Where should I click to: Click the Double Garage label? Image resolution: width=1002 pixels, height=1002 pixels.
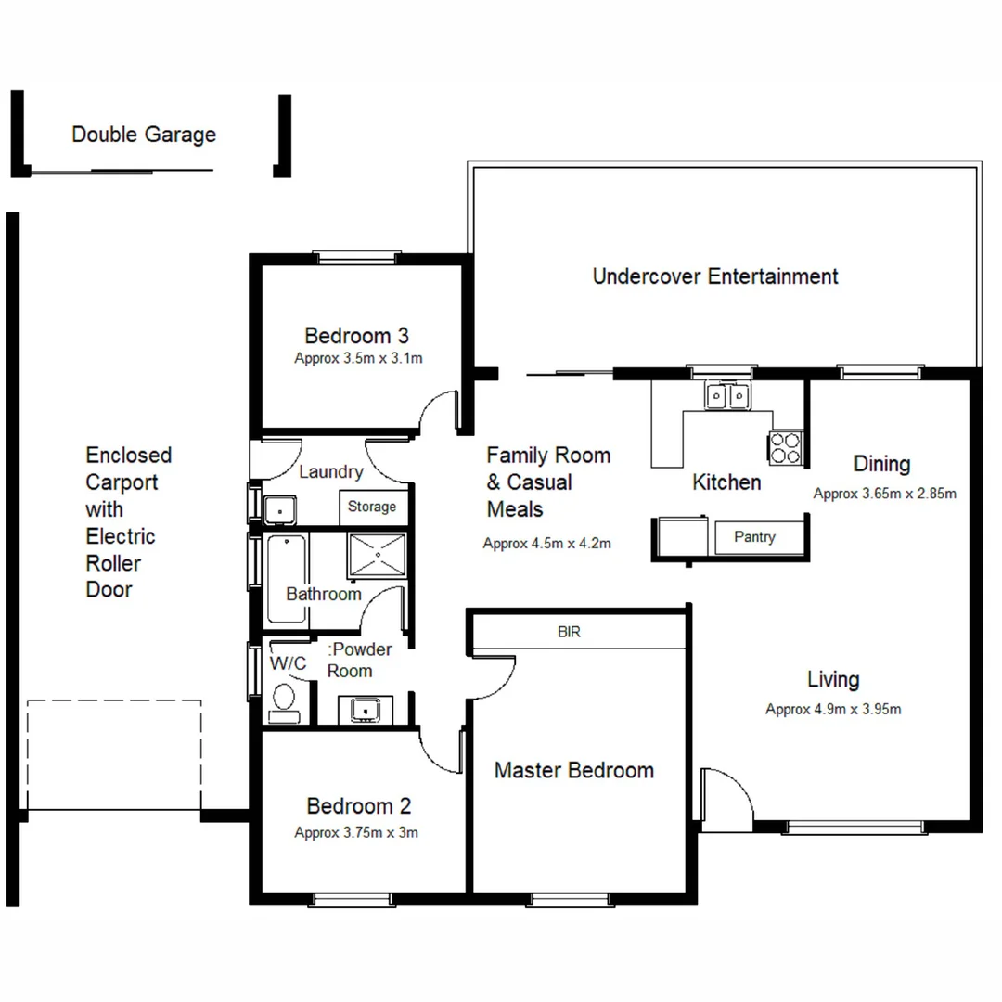tap(144, 135)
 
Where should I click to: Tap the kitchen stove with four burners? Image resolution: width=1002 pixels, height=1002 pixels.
tap(785, 448)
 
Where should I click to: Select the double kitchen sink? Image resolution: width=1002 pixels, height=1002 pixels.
tap(727, 397)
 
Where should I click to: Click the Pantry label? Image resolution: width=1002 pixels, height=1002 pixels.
tap(754, 537)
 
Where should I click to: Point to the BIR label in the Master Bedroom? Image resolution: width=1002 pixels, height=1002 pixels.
tap(569, 633)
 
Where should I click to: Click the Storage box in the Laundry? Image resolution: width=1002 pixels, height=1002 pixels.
tap(372, 507)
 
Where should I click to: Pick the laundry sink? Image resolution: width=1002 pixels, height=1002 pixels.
tap(278, 509)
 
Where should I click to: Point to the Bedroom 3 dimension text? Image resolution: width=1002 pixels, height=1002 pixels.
tap(358, 358)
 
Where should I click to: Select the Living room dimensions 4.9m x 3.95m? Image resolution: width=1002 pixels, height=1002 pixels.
tap(833, 710)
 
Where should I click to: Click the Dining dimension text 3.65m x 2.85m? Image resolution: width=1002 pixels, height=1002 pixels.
tap(884, 494)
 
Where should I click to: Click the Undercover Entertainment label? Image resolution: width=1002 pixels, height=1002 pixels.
tap(715, 276)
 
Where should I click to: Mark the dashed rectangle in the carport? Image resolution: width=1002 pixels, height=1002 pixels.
tap(114, 754)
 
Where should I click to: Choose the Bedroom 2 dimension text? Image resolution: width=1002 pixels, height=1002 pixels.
tap(356, 833)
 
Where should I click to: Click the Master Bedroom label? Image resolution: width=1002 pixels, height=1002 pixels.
tap(573, 770)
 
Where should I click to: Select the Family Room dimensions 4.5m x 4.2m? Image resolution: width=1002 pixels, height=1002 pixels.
tap(546, 544)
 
